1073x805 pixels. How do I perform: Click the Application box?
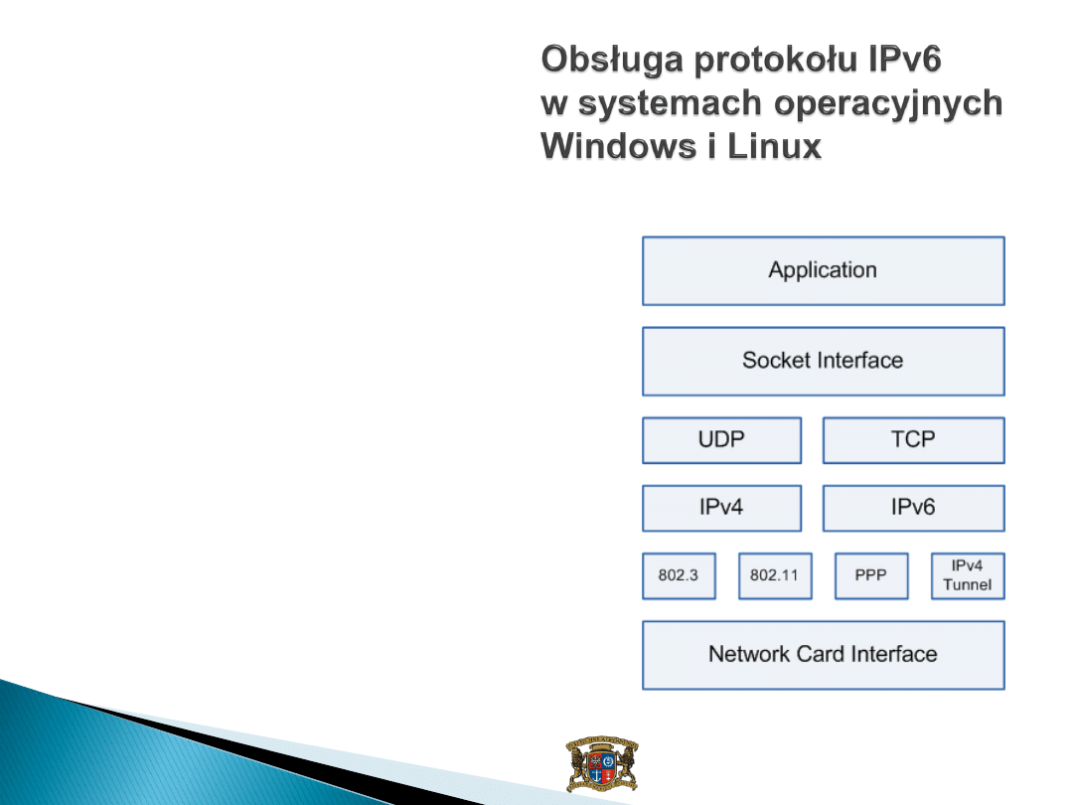pyautogui.click(x=824, y=271)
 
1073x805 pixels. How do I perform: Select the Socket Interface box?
pyautogui.click(x=824, y=362)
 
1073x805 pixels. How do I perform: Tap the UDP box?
pyautogui.click(x=722, y=440)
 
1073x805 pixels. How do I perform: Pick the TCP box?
pyautogui.click(x=914, y=440)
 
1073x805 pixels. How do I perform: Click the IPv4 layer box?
pyautogui.click(x=722, y=508)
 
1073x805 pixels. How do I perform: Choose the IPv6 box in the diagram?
pyautogui.click(x=914, y=508)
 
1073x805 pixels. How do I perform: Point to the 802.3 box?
pyautogui.click(x=679, y=575)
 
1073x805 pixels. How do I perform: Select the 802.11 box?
pyautogui.click(x=775, y=575)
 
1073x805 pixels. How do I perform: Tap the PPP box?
pyautogui.click(x=872, y=575)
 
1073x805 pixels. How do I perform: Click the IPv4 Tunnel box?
pyautogui.click(x=969, y=575)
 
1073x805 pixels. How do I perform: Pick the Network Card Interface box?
pyautogui.click(x=824, y=655)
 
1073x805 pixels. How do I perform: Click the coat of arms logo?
pyautogui.click(x=602, y=764)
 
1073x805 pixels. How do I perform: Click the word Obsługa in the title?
pyautogui.click(x=612, y=61)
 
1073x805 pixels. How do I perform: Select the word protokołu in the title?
pyautogui.click(x=776, y=61)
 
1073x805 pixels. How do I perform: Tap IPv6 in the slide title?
pyautogui.click(x=905, y=59)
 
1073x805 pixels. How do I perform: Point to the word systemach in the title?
pyautogui.click(x=670, y=103)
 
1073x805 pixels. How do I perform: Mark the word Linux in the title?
pyautogui.click(x=774, y=146)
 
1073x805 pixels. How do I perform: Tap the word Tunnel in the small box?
pyautogui.click(x=968, y=584)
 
